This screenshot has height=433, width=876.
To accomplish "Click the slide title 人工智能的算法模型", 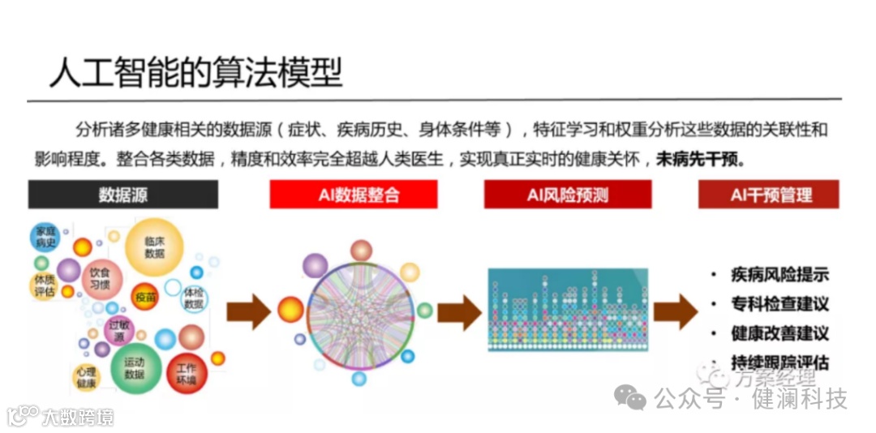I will click(x=195, y=72).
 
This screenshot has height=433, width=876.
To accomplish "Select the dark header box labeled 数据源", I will click(x=123, y=195).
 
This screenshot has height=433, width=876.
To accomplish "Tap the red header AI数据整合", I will click(x=354, y=195).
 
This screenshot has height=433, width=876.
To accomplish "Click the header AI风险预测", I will click(x=568, y=195).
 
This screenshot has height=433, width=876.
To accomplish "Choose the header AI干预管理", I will click(x=769, y=195).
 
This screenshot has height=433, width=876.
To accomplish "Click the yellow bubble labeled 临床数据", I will click(x=154, y=247).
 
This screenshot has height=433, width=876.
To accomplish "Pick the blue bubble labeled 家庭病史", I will click(x=45, y=238).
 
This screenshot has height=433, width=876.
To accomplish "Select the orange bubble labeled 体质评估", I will click(x=44, y=285).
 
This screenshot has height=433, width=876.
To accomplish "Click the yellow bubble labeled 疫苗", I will click(x=146, y=298).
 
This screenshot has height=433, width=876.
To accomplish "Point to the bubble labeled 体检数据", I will click(x=193, y=298).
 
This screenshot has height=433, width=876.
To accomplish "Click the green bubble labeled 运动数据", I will click(x=134, y=369).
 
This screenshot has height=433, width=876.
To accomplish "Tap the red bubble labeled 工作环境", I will click(x=186, y=374).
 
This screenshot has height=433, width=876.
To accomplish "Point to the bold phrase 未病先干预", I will click(x=699, y=159).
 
